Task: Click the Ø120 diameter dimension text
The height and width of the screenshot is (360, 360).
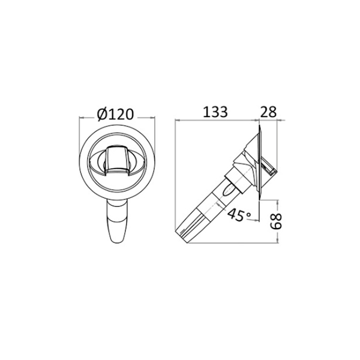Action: (x=115, y=114)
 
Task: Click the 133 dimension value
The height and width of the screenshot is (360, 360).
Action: (x=215, y=112)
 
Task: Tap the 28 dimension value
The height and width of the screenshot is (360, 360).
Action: (x=268, y=112)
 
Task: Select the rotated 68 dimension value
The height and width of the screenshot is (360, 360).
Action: (x=276, y=221)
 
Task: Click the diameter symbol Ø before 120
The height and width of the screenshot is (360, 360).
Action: (x=102, y=114)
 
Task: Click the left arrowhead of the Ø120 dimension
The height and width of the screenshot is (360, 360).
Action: (x=82, y=118)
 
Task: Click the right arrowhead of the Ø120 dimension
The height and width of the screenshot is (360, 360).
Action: (x=152, y=118)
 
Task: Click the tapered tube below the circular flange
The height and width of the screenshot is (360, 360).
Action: (x=118, y=221)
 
